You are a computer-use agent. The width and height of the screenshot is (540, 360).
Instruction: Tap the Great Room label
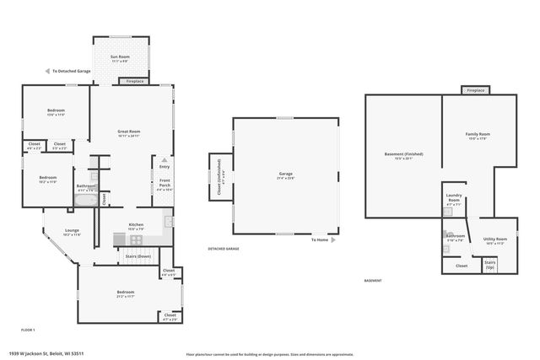(128, 133)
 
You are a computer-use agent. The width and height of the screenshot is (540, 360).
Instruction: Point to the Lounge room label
(73, 232)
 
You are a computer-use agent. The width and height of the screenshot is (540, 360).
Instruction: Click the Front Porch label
(165, 185)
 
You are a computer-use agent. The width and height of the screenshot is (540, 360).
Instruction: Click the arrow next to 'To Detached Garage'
(48, 72)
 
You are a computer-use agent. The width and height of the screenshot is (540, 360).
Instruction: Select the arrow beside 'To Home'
(335, 240)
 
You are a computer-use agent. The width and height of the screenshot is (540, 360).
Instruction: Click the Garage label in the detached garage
(285, 176)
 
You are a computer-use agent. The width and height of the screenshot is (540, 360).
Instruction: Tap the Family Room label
(478, 136)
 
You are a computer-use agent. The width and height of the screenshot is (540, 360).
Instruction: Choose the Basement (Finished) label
(403, 155)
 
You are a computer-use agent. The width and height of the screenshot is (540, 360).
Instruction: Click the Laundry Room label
(454, 201)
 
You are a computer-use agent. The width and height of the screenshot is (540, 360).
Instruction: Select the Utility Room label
(495, 240)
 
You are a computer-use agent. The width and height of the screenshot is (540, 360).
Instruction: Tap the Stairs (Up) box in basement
(489, 265)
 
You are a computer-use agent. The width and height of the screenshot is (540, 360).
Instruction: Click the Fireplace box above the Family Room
(475, 89)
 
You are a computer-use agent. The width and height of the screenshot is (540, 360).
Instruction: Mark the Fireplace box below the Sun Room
(136, 81)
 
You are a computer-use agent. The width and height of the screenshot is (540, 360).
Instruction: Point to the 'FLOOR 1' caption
(28, 329)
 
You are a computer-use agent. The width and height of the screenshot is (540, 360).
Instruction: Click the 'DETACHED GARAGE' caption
(224, 250)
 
